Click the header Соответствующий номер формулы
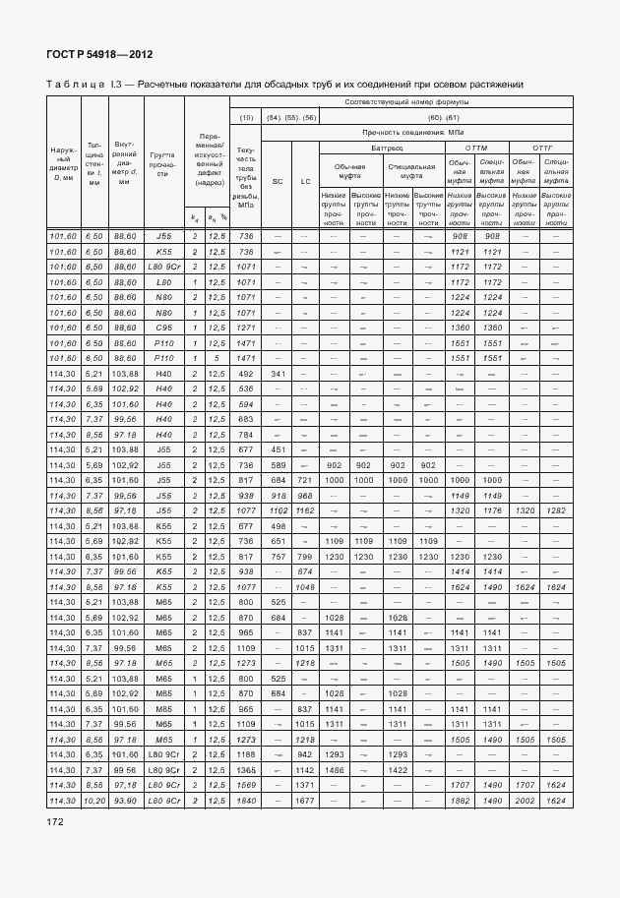[x=407, y=102]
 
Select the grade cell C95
[x=162, y=327]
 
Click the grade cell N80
[x=162, y=296]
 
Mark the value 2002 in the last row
[x=525, y=803]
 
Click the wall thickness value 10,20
[x=93, y=803]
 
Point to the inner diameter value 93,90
[x=125, y=803]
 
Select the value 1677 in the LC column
[x=305, y=803]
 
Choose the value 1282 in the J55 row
[x=556, y=511]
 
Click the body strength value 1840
[x=246, y=803]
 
